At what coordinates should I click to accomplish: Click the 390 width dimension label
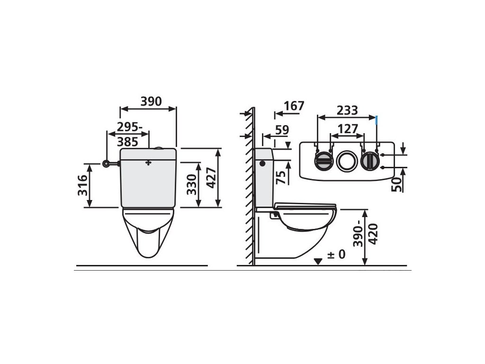click(x=151, y=101)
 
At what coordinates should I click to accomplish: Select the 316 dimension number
click(x=82, y=185)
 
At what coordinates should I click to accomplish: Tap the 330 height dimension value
click(x=191, y=184)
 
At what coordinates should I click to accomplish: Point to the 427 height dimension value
click(x=211, y=178)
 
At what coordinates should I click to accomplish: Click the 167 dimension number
click(x=294, y=106)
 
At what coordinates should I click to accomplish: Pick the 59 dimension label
click(x=282, y=130)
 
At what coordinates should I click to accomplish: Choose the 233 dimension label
click(x=347, y=110)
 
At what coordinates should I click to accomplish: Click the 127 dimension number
click(x=348, y=129)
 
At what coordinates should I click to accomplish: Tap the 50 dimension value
click(x=396, y=184)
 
